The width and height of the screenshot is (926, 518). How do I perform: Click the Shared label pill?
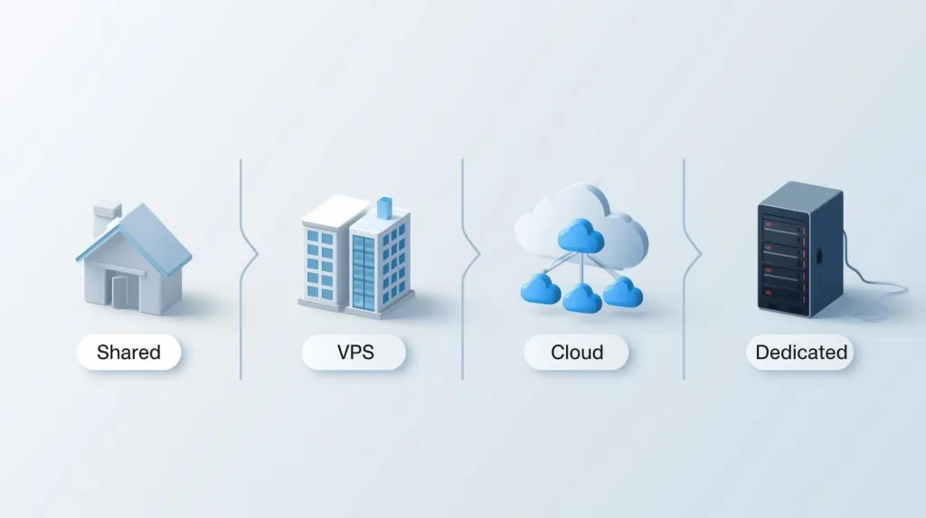click(128, 352)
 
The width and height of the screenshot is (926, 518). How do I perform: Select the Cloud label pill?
click(576, 352)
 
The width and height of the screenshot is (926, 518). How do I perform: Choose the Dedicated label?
click(800, 352)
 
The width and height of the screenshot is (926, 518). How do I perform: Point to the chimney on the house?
click(107, 217)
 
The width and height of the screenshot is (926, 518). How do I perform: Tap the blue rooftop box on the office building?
click(384, 207)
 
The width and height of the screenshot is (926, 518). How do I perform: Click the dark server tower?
click(800, 250)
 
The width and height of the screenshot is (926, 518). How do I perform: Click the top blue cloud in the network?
click(581, 236)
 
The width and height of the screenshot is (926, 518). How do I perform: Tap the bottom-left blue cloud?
click(541, 288)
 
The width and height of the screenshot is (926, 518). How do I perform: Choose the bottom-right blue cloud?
click(623, 292)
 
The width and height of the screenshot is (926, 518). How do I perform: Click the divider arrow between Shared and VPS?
click(249, 255)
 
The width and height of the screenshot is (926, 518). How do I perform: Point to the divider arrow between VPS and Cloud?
click(470, 255)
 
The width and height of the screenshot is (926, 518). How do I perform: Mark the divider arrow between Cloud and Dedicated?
click(692, 255)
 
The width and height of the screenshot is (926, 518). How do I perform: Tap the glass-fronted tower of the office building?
click(364, 273)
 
